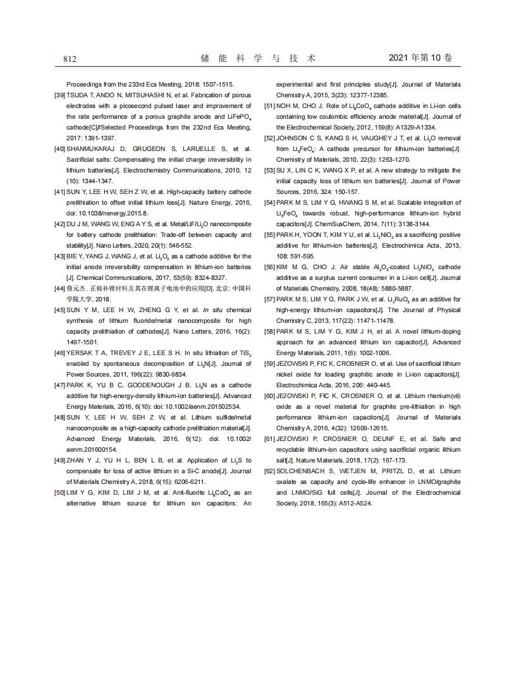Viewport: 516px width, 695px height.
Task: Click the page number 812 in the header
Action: [x=70, y=59]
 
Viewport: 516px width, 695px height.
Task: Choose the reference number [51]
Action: [x=269, y=106]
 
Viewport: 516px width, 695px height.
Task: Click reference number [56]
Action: [x=269, y=267]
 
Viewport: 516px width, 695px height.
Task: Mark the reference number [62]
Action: [x=269, y=471]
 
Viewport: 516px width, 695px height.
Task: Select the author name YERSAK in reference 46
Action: [x=81, y=353]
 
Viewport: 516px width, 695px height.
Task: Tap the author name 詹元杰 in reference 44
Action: [x=78, y=289]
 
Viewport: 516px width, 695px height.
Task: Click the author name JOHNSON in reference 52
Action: [x=293, y=138]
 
